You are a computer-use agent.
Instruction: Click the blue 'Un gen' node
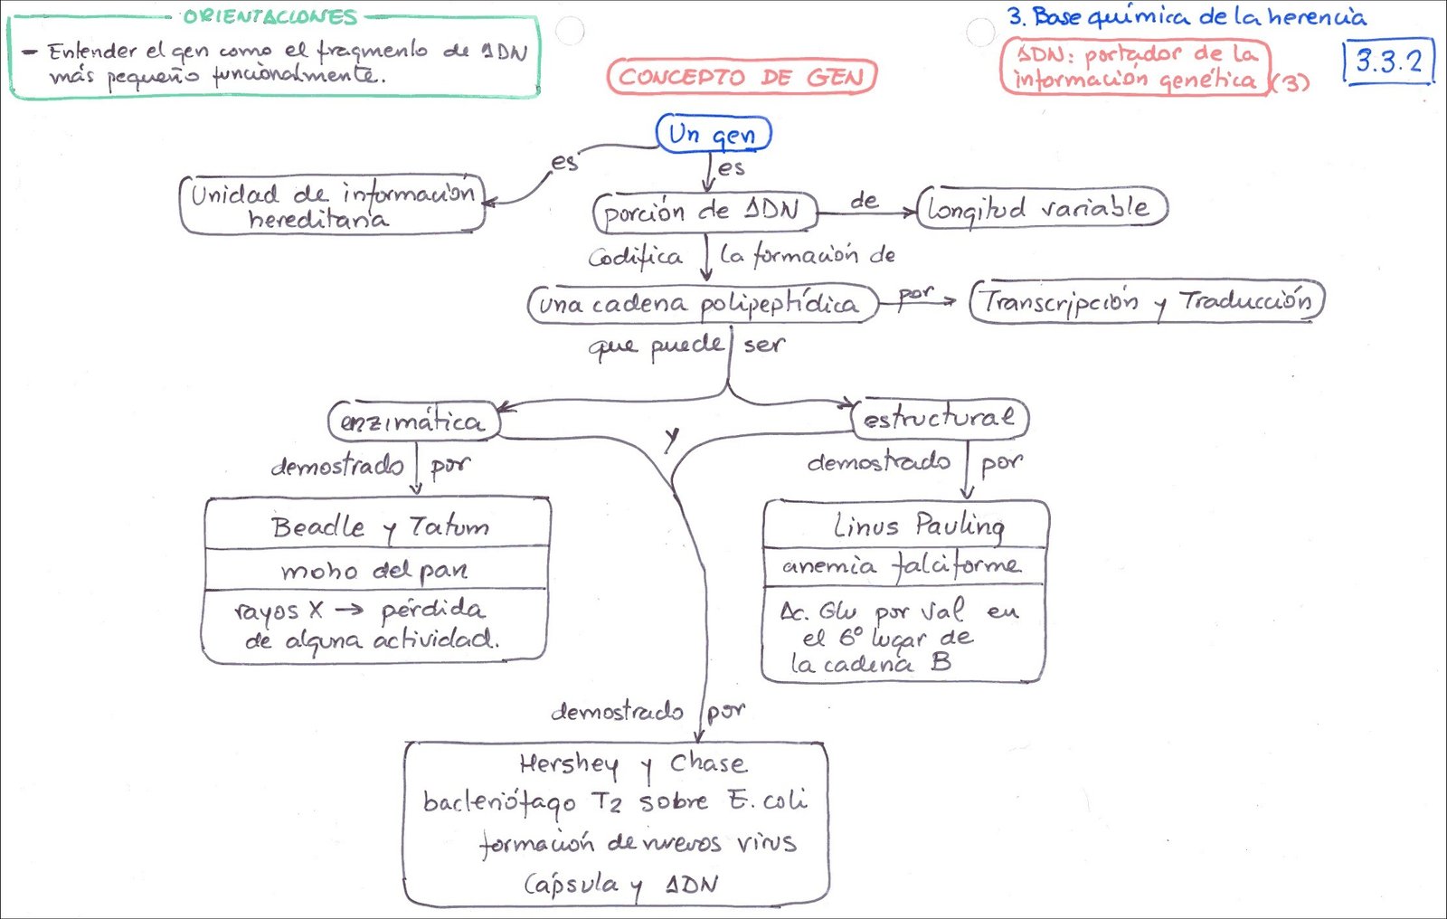click(x=714, y=134)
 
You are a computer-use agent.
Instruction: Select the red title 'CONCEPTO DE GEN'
click(x=742, y=77)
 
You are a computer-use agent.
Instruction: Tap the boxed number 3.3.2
click(x=1389, y=62)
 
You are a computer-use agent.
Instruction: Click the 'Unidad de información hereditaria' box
click(x=332, y=205)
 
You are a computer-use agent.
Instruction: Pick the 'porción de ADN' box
click(x=704, y=212)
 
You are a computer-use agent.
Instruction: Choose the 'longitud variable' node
click(x=1040, y=208)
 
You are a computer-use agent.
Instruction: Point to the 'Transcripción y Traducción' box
click(x=1147, y=301)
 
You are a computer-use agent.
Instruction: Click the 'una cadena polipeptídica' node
click(x=701, y=304)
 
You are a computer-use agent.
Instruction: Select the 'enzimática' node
click(x=413, y=422)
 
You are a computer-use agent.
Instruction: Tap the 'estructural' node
click(x=939, y=418)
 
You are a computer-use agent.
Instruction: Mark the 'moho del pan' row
click(x=374, y=570)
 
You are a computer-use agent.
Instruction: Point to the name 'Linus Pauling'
click(x=918, y=525)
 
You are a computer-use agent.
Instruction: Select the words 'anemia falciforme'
click(x=903, y=566)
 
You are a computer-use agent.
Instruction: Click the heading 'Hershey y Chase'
click(x=633, y=764)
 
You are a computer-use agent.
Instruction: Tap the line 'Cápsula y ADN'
click(x=621, y=884)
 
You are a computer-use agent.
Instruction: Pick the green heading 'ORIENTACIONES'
click(x=270, y=17)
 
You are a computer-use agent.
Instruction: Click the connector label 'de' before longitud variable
click(x=864, y=200)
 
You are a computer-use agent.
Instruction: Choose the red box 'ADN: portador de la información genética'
click(x=1135, y=66)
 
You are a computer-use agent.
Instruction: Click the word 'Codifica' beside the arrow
click(x=635, y=257)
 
